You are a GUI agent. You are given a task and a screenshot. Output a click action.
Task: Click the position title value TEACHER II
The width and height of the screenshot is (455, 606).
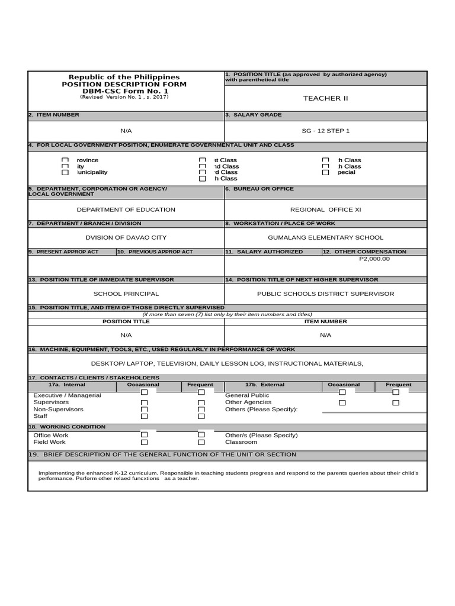325,98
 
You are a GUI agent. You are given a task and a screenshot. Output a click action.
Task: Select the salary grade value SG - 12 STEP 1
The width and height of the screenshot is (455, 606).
325,130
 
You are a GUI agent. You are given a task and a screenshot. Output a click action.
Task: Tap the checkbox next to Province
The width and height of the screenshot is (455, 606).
65,160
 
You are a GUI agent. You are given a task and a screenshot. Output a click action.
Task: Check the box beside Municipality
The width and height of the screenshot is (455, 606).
65,172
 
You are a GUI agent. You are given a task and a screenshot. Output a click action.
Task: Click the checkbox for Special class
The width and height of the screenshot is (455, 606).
325,172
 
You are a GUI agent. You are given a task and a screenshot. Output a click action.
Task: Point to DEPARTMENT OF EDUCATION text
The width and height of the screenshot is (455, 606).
126,209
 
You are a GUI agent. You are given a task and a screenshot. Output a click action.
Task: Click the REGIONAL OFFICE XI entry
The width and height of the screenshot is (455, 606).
325,209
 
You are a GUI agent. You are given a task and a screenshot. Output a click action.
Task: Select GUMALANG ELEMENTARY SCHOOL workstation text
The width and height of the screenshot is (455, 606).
325,237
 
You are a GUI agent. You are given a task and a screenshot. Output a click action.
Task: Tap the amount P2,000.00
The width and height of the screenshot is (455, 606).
374,259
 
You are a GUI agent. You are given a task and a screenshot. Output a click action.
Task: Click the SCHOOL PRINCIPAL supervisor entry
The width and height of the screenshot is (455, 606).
126,294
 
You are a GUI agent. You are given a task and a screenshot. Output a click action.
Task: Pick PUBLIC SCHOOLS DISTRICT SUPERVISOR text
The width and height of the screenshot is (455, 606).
325,294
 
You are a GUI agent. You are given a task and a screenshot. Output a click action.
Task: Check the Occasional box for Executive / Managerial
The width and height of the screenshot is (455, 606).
144,392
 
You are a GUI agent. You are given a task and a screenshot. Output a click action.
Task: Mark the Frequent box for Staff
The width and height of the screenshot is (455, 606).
201,416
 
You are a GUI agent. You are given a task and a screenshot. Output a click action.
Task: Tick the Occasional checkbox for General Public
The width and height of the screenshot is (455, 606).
342,392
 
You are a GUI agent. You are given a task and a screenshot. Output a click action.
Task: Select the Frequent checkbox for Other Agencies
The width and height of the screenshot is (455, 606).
396,402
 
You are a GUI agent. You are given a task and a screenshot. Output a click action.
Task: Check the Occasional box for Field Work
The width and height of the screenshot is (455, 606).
144,442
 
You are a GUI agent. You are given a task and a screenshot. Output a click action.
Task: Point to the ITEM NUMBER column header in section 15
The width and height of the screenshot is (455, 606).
325,321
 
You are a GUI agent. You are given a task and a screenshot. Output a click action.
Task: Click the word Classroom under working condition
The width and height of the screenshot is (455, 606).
241,442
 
